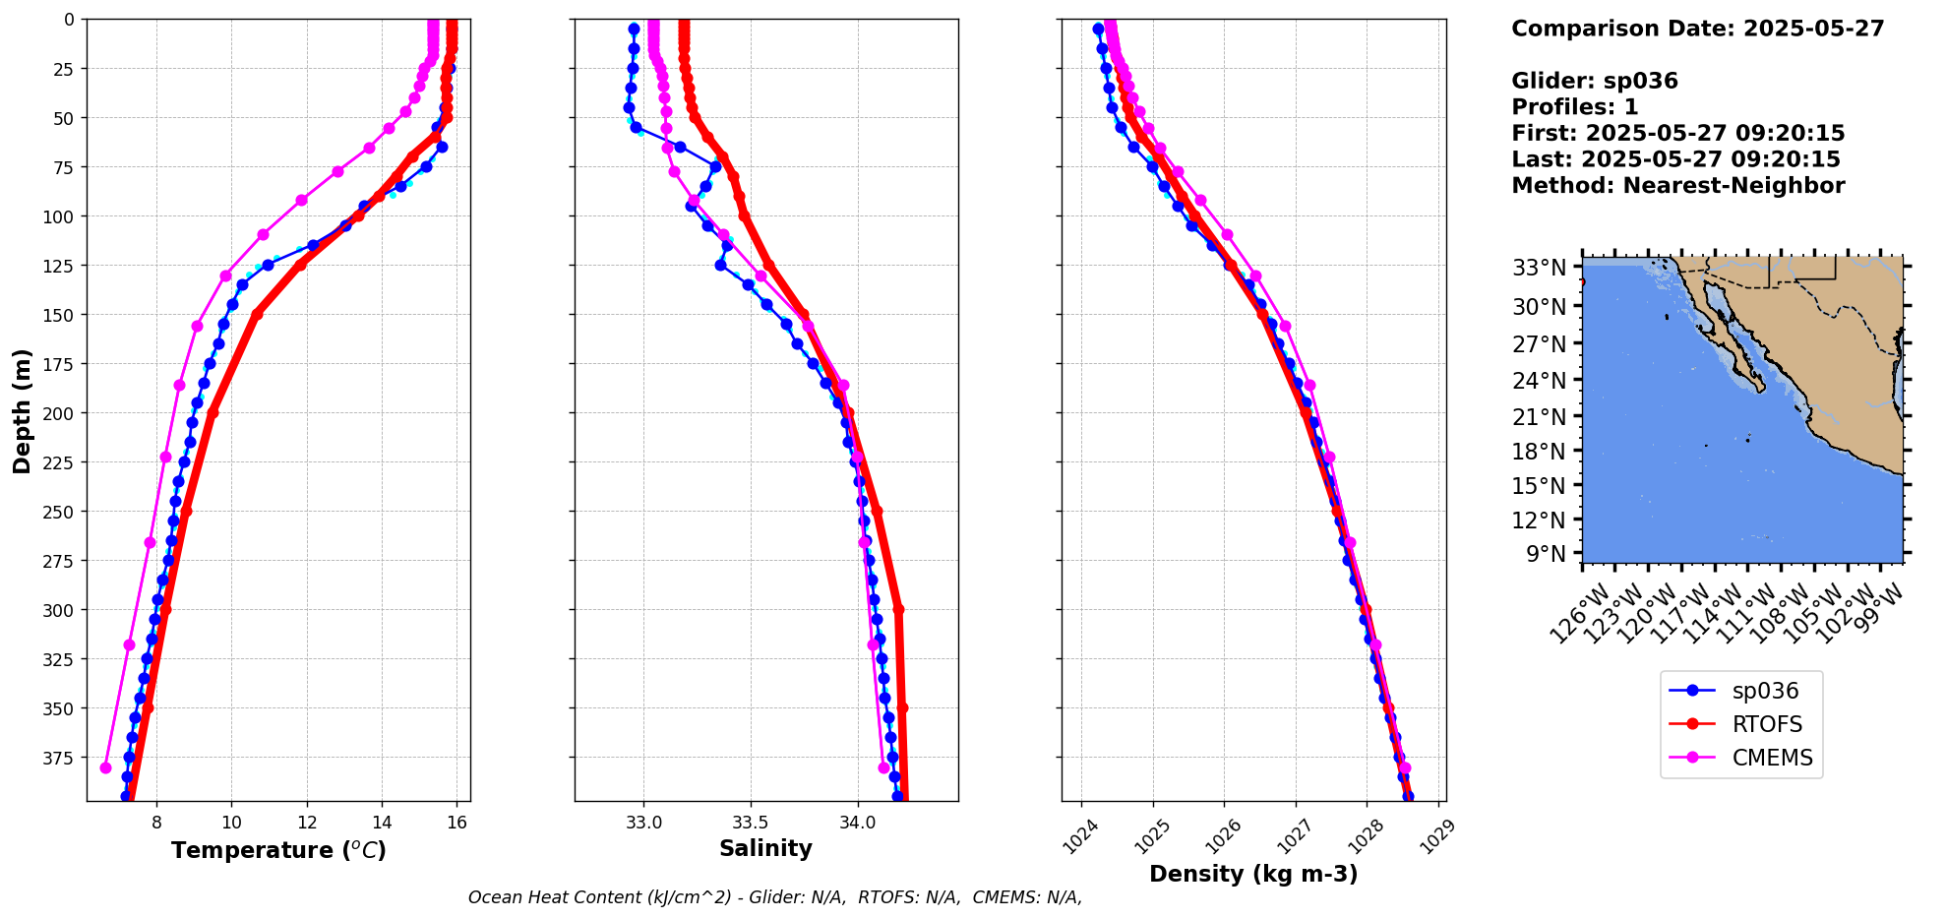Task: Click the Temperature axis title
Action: pyautogui.click(x=278, y=850)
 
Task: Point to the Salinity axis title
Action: pyautogui.click(x=765, y=848)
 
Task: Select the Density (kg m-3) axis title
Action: pyautogui.click(x=1253, y=874)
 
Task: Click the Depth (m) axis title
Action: pyautogui.click(x=22, y=410)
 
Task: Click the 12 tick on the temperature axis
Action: pyautogui.click(x=307, y=823)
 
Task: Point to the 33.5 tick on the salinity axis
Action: pyautogui.click(x=750, y=823)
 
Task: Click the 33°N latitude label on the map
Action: pyautogui.click(x=1539, y=267)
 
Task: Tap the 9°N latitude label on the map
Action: pyautogui.click(x=1546, y=554)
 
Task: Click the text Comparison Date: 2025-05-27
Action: pyautogui.click(x=1697, y=29)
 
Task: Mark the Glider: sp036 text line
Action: pyautogui.click(x=1595, y=81)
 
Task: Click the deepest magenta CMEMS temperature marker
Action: pyautogui.click(x=106, y=767)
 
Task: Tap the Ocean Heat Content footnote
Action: pyautogui.click(x=774, y=897)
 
